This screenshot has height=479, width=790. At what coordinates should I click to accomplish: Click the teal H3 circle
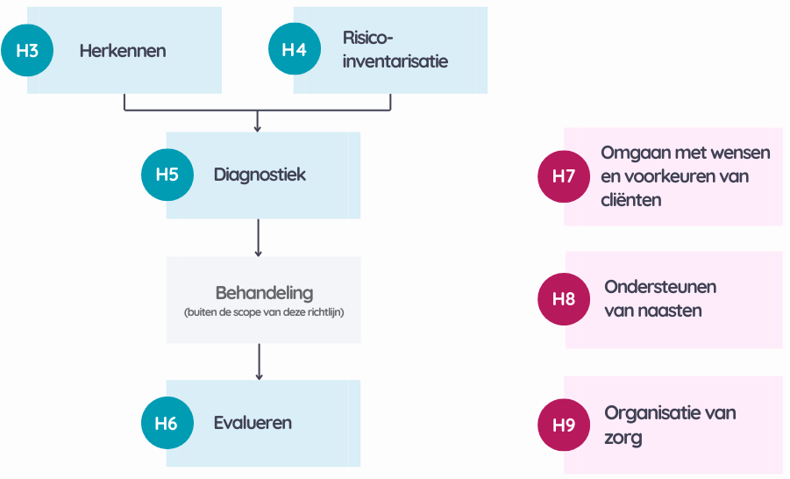pos(27,50)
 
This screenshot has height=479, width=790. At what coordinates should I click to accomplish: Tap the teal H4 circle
pos(294,50)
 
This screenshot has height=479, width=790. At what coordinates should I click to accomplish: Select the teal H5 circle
pos(167,175)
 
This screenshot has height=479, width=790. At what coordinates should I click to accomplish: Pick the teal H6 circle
pos(167,424)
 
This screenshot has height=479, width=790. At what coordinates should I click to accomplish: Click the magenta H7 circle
pos(564,176)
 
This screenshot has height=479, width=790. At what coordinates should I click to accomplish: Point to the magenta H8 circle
pos(564,299)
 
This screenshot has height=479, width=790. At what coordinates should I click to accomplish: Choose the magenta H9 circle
pos(564,425)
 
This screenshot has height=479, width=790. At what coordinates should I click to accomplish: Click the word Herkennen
pos(122,51)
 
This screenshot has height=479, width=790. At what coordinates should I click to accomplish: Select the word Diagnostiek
pos(260,175)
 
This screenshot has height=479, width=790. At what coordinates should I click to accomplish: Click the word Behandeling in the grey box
pos(264,293)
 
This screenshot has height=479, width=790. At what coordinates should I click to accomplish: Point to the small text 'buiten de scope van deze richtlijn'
pos(264,312)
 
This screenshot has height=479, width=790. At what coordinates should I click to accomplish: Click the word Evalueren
pos(253,424)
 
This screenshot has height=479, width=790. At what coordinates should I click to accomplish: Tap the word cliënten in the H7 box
pos(630,200)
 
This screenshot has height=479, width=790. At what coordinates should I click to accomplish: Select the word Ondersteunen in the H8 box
pos(659,287)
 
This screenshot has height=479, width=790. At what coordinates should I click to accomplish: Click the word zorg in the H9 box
pos(623,438)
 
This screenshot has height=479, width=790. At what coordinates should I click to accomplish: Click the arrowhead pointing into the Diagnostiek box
pos(258,127)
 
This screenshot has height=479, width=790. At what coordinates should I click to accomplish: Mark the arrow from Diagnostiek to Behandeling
pos(258,238)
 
